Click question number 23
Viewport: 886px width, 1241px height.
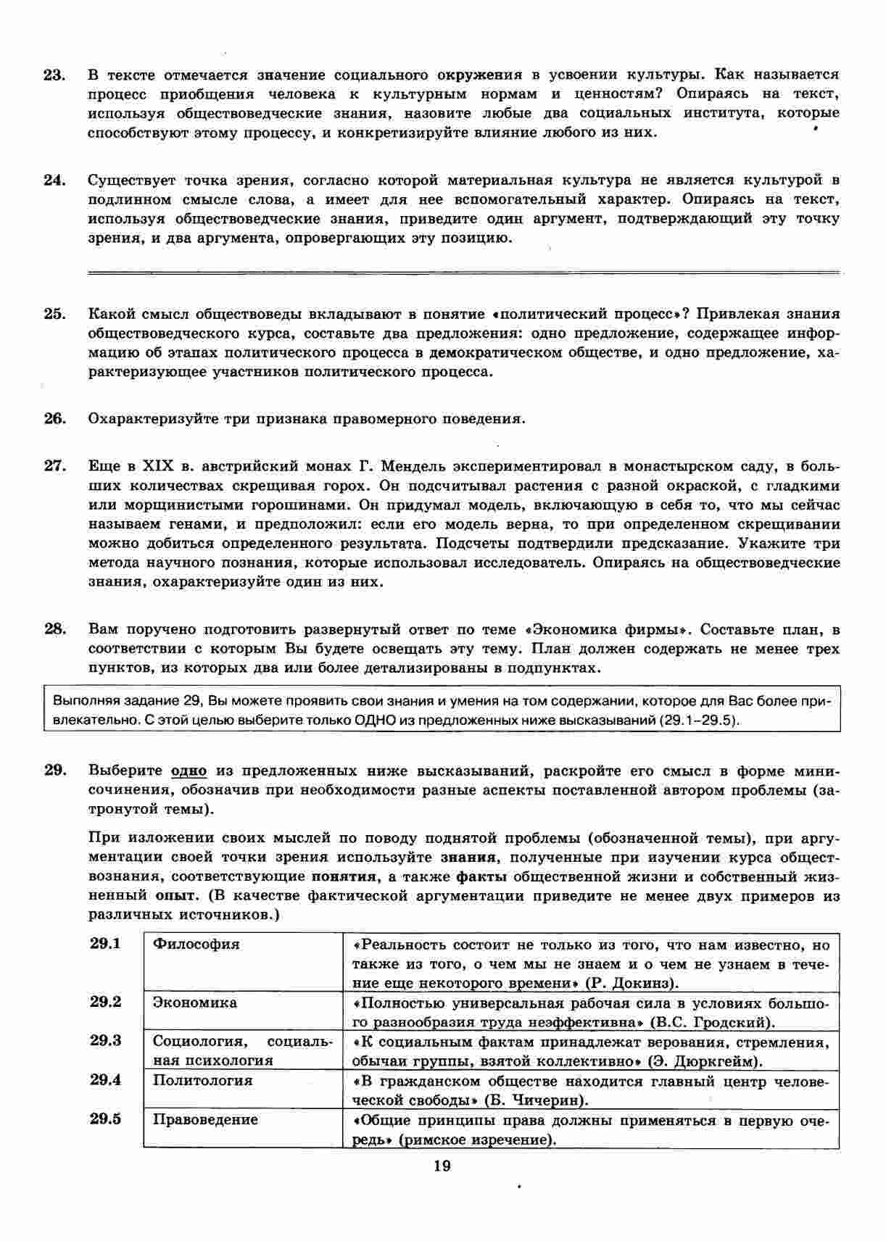click(x=54, y=75)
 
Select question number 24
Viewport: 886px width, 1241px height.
click(x=54, y=180)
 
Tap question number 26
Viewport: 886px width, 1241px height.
click(x=54, y=419)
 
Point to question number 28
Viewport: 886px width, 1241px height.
click(x=54, y=629)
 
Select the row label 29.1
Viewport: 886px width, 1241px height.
click(x=105, y=944)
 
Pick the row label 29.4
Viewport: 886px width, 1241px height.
click(x=105, y=1080)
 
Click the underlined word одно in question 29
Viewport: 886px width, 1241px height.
click(x=189, y=771)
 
